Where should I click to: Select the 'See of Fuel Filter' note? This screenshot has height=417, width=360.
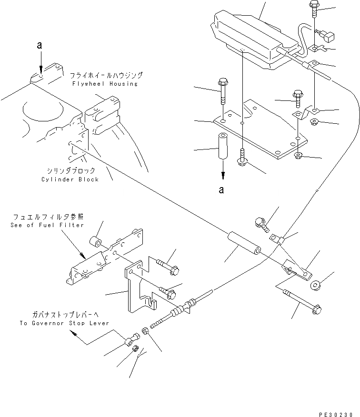click(x=47, y=225)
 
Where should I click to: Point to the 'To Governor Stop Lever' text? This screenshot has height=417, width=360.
click(x=64, y=323)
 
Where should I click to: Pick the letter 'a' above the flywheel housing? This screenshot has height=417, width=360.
click(x=41, y=46)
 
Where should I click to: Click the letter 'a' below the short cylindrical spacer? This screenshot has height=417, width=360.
click(x=221, y=189)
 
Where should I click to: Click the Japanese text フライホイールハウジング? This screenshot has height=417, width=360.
click(x=106, y=76)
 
